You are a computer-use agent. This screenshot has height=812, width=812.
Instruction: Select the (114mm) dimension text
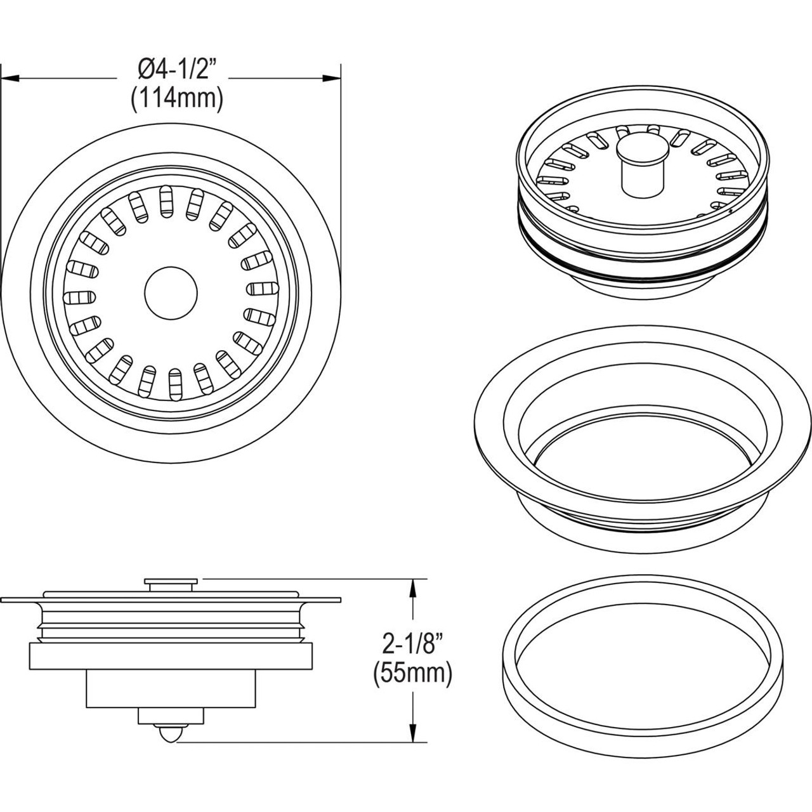[x=176, y=100]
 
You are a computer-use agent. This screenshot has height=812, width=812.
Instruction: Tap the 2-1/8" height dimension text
[x=412, y=647]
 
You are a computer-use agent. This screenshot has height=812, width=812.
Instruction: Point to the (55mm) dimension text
[x=412, y=674]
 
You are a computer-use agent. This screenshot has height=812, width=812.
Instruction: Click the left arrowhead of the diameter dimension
[x=9, y=79]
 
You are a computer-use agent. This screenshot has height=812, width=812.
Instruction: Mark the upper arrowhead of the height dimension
[x=414, y=587]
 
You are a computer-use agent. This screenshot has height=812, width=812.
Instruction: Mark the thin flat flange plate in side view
[x=171, y=598]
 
